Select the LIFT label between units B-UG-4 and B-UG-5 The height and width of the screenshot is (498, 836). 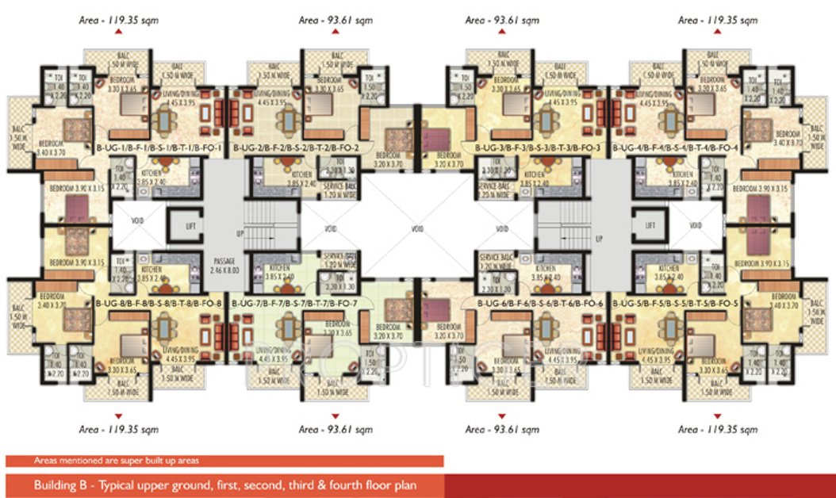pyautogui.click(x=650, y=226)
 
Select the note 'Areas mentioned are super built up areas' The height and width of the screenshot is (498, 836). pyautogui.click(x=117, y=460)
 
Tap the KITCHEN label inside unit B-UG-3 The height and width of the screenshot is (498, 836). pyautogui.click(x=534, y=176)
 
